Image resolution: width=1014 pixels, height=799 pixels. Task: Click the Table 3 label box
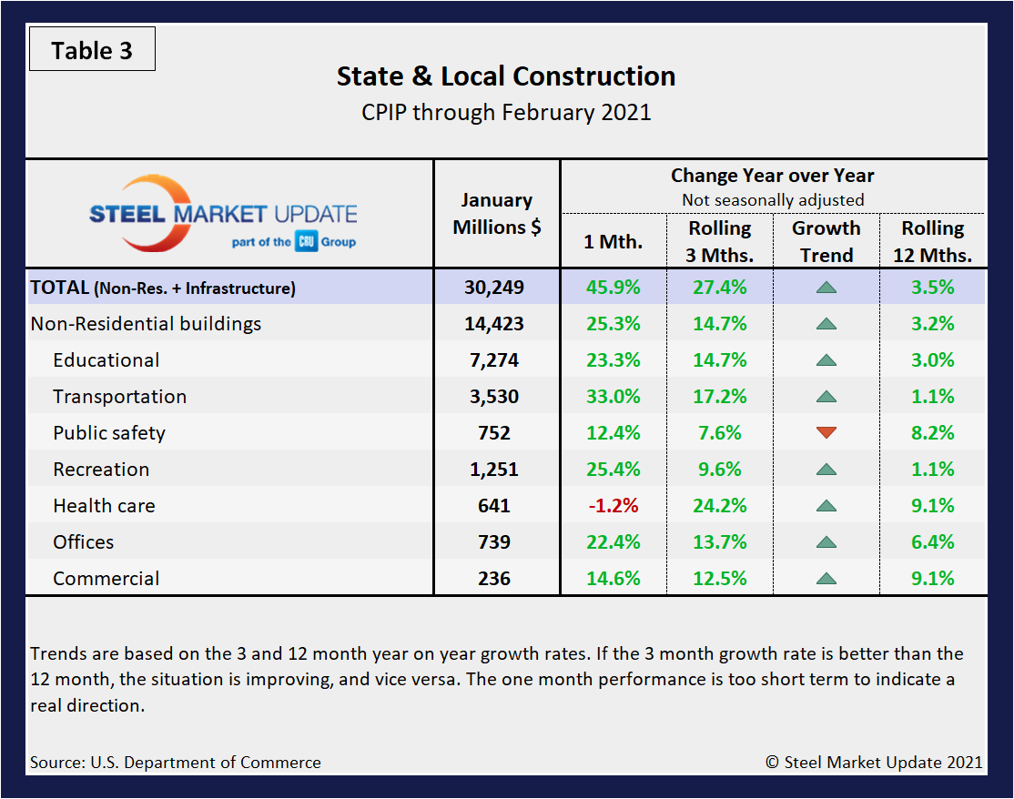point(92,50)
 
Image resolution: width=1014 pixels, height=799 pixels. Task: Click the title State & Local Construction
point(506,76)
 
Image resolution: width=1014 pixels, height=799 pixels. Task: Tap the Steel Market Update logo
point(223,215)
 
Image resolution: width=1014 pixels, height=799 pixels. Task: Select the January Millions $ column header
point(497,213)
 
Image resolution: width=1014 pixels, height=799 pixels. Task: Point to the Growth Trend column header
point(826,241)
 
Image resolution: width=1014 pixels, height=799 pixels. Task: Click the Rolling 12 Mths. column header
point(933,241)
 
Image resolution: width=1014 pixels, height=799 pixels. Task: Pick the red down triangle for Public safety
point(826,433)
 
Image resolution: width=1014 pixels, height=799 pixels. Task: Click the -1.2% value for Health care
point(613,506)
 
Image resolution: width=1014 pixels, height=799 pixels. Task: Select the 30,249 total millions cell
point(497,288)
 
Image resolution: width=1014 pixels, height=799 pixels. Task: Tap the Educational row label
point(106,360)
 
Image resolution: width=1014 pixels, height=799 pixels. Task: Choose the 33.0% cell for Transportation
point(613,397)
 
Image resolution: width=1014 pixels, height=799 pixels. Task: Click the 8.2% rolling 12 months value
point(933,433)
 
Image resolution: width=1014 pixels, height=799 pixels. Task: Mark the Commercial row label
point(106,579)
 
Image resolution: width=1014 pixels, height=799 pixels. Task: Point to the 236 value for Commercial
point(497,579)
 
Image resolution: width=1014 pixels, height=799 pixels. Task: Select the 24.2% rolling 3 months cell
point(720,506)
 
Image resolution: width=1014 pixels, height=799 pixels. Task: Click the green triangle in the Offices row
point(826,542)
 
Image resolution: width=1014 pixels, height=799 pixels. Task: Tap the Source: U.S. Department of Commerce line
point(176,763)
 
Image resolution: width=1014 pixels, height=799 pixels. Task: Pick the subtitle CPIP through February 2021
point(506,113)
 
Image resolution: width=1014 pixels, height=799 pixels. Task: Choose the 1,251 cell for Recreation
point(497,470)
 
